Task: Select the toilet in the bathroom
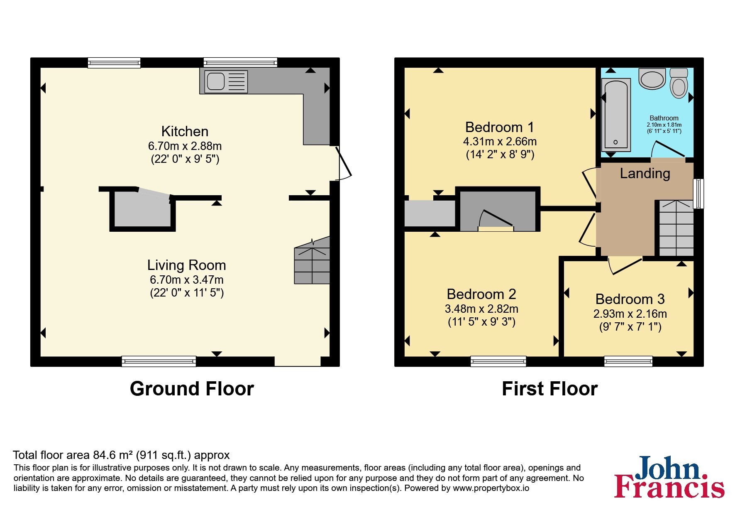pos(679,83)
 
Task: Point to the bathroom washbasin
pos(652,79)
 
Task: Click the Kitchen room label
pos(185,131)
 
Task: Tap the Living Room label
pos(187,265)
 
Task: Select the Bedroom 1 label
pos(500,127)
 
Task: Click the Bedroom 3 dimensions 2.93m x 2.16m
pos(630,314)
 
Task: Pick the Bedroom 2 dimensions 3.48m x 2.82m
pos(481,309)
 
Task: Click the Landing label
pos(645,173)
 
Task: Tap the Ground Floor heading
pos(192,389)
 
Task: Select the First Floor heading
pos(549,389)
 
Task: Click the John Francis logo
pos(669,477)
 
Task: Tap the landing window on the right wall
pos(699,194)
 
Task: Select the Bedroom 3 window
pos(628,361)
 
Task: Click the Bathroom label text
pos(664,118)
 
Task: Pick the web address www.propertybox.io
pos(491,488)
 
